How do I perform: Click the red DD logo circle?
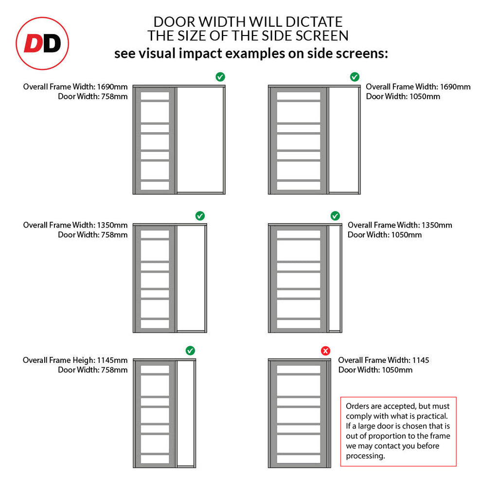tap(42, 44)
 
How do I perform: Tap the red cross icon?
tap(325, 351)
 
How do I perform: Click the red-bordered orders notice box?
tap(398, 431)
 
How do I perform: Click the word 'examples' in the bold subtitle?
tap(253, 53)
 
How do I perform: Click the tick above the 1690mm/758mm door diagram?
tap(220, 76)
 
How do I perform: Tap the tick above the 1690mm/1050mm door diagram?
tap(355, 76)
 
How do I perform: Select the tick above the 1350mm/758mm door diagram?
tap(199, 215)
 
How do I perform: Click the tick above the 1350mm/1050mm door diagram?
tap(335, 215)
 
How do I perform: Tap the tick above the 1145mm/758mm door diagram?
tap(190, 351)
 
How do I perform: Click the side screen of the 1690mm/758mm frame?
tap(199, 140)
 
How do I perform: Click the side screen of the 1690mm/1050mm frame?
tap(343, 140)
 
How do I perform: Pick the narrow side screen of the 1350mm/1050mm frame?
tap(334, 278)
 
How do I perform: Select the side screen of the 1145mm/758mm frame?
tap(185, 413)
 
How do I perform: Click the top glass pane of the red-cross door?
tap(298, 370)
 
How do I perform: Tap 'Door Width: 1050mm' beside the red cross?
tap(375, 370)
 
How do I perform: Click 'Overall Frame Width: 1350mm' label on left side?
tap(75, 225)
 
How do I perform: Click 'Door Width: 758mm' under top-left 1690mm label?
tap(92, 96)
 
